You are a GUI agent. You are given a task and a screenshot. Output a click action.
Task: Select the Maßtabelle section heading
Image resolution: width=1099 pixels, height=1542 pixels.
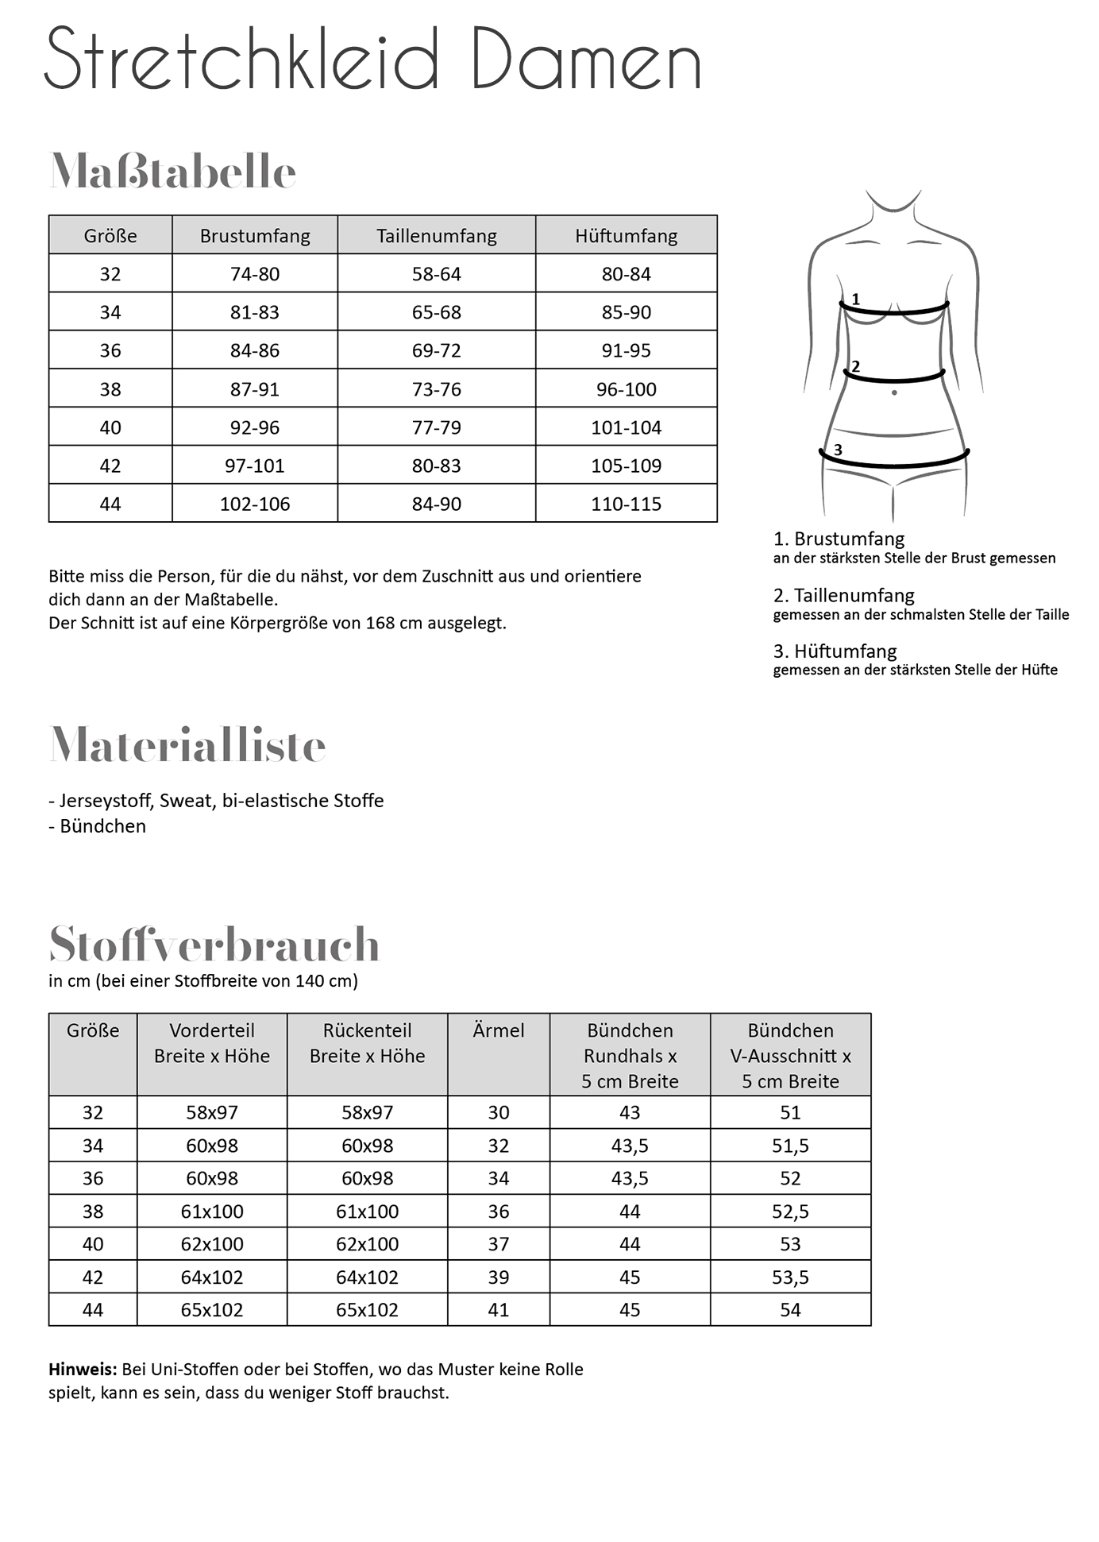[x=172, y=171]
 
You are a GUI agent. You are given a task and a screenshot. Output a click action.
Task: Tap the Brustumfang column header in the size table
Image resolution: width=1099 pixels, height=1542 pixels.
[x=255, y=236]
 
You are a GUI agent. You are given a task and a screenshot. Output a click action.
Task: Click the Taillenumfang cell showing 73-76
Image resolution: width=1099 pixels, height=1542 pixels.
[x=436, y=389]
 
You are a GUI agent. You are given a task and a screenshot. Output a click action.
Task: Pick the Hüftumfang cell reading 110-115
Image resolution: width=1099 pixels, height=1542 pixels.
[x=626, y=504]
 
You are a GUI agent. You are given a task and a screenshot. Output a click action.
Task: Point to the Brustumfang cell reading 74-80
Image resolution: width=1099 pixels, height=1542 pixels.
[x=255, y=274]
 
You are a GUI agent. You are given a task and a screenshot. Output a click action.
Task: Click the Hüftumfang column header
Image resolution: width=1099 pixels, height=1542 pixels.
[x=626, y=236]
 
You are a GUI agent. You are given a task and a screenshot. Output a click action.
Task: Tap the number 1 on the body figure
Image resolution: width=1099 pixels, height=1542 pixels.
[x=855, y=300]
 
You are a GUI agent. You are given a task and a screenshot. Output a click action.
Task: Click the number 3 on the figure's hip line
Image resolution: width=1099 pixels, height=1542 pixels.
[x=838, y=450]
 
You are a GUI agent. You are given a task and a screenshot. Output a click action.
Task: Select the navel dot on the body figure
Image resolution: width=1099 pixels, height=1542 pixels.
[x=894, y=392]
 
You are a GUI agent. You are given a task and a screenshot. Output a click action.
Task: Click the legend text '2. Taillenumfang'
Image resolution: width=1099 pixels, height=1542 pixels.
[x=843, y=595]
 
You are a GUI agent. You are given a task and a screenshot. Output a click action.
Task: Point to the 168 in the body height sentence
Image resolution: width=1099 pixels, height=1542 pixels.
[x=380, y=623]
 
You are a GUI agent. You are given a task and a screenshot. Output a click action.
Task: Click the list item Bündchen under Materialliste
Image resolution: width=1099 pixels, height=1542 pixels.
[x=102, y=826]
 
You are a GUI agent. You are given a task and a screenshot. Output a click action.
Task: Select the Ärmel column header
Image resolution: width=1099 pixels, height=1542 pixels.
[x=498, y=1030]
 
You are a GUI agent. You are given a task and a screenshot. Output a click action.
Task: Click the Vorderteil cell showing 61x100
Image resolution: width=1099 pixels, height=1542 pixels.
[x=212, y=1212]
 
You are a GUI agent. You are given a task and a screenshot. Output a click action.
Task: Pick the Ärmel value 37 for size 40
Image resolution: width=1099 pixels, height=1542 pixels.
[x=498, y=1244]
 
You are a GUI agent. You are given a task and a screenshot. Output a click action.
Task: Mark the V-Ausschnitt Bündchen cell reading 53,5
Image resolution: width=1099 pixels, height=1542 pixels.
[x=790, y=1277]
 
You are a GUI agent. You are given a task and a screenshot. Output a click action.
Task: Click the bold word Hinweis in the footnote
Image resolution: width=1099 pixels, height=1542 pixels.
[x=83, y=1369]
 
